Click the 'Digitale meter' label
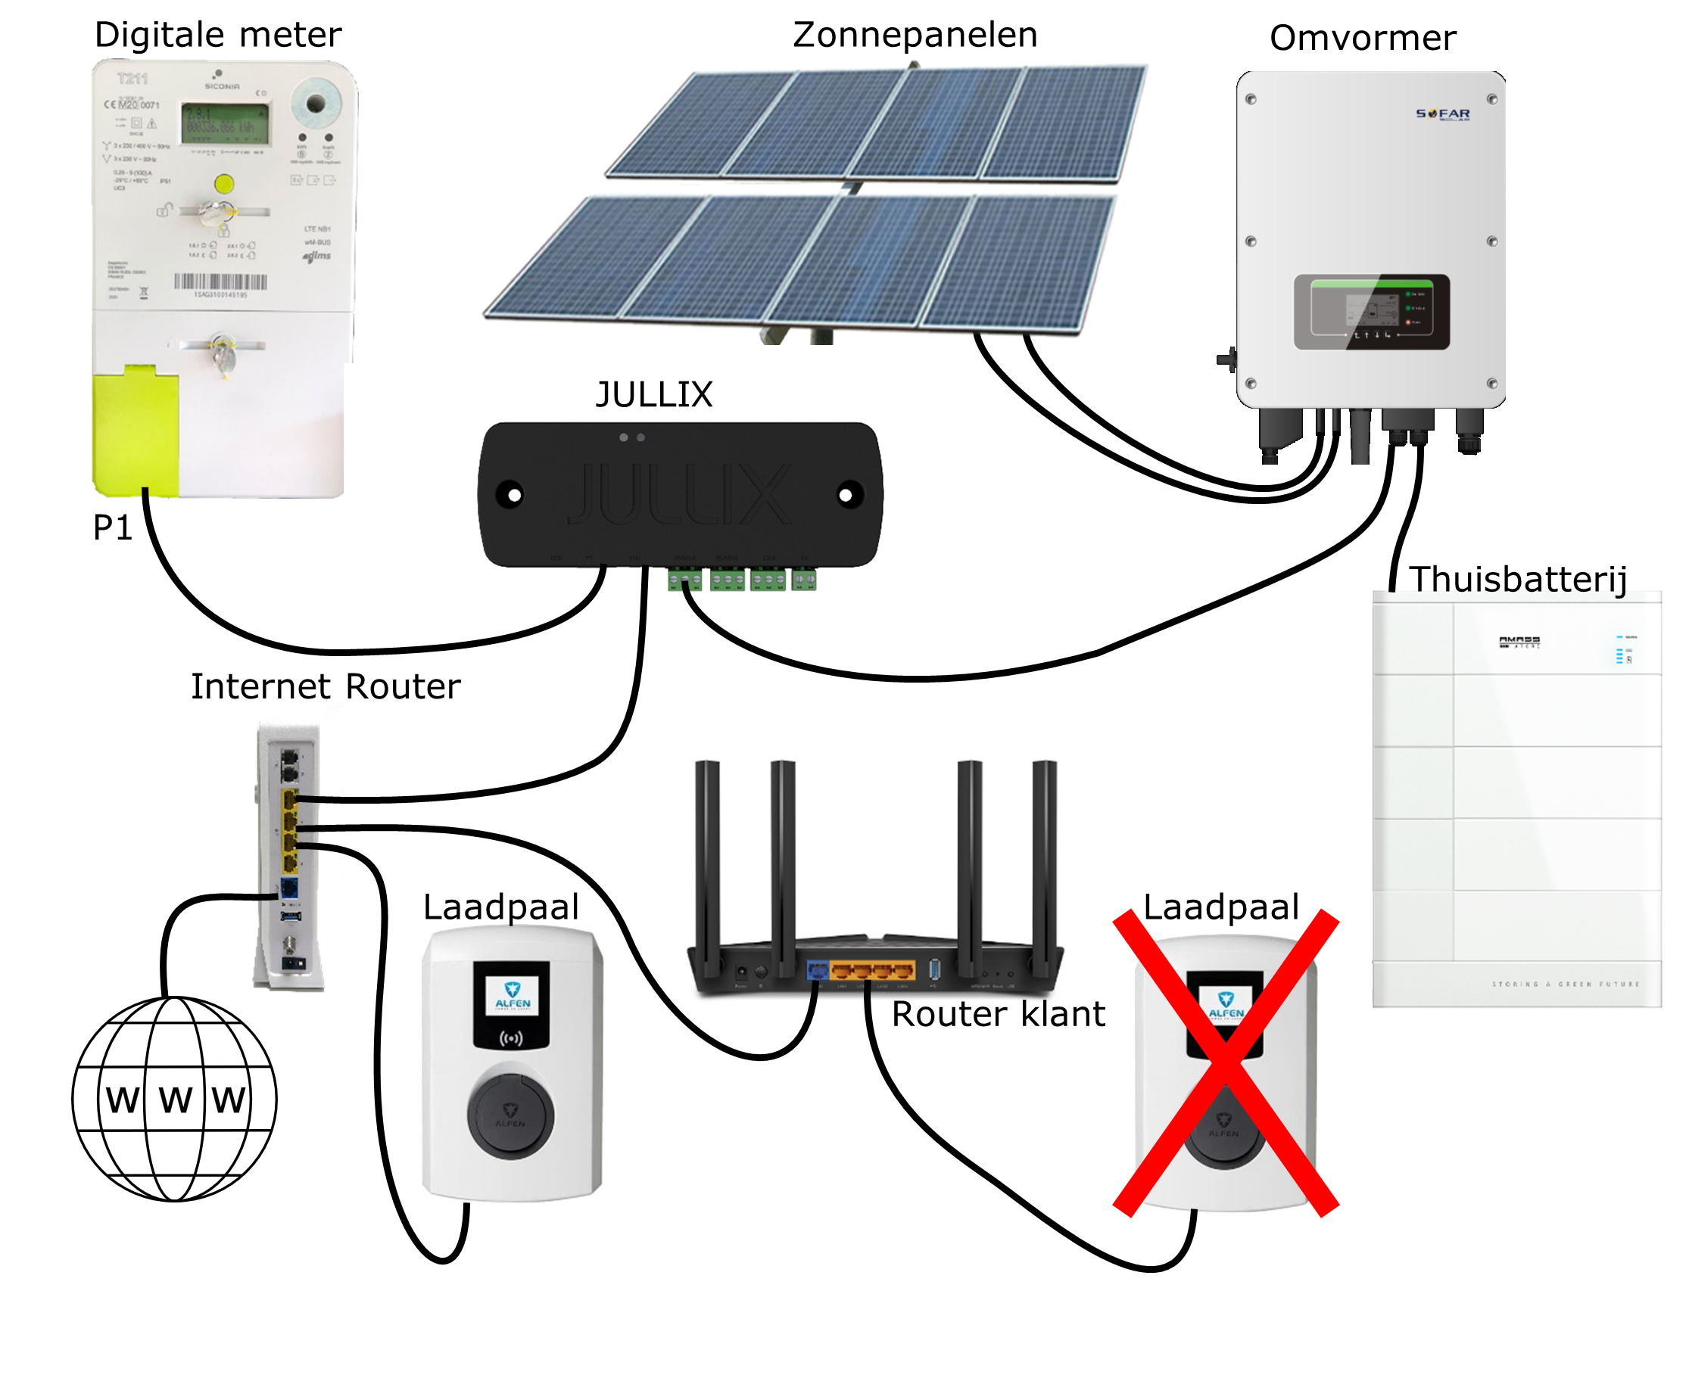pyautogui.click(x=218, y=35)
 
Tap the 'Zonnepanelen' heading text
pyautogui.click(x=915, y=35)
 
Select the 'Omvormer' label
pyautogui.click(x=1362, y=38)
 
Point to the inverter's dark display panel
pyautogui.click(x=1370, y=312)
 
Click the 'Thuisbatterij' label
pyautogui.click(x=1517, y=579)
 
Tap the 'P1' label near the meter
pyautogui.click(x=112, y=527)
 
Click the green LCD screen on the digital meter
pyautogui.click(x=225, y=123)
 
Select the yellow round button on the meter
pyautogui.click(x=224, y=185)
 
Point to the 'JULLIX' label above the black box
pyautogui.click(x=653, y=394)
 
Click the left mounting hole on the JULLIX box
pyautogui.click(x=511, y=495)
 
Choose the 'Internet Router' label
pyautogui.click(x=325, y=686)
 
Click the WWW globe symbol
pyautogui.click(x=174, y=1099)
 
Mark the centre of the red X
pyautogui.click(x=1225, y=1064)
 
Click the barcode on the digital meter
pyautogui.click(x=220, y=282)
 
